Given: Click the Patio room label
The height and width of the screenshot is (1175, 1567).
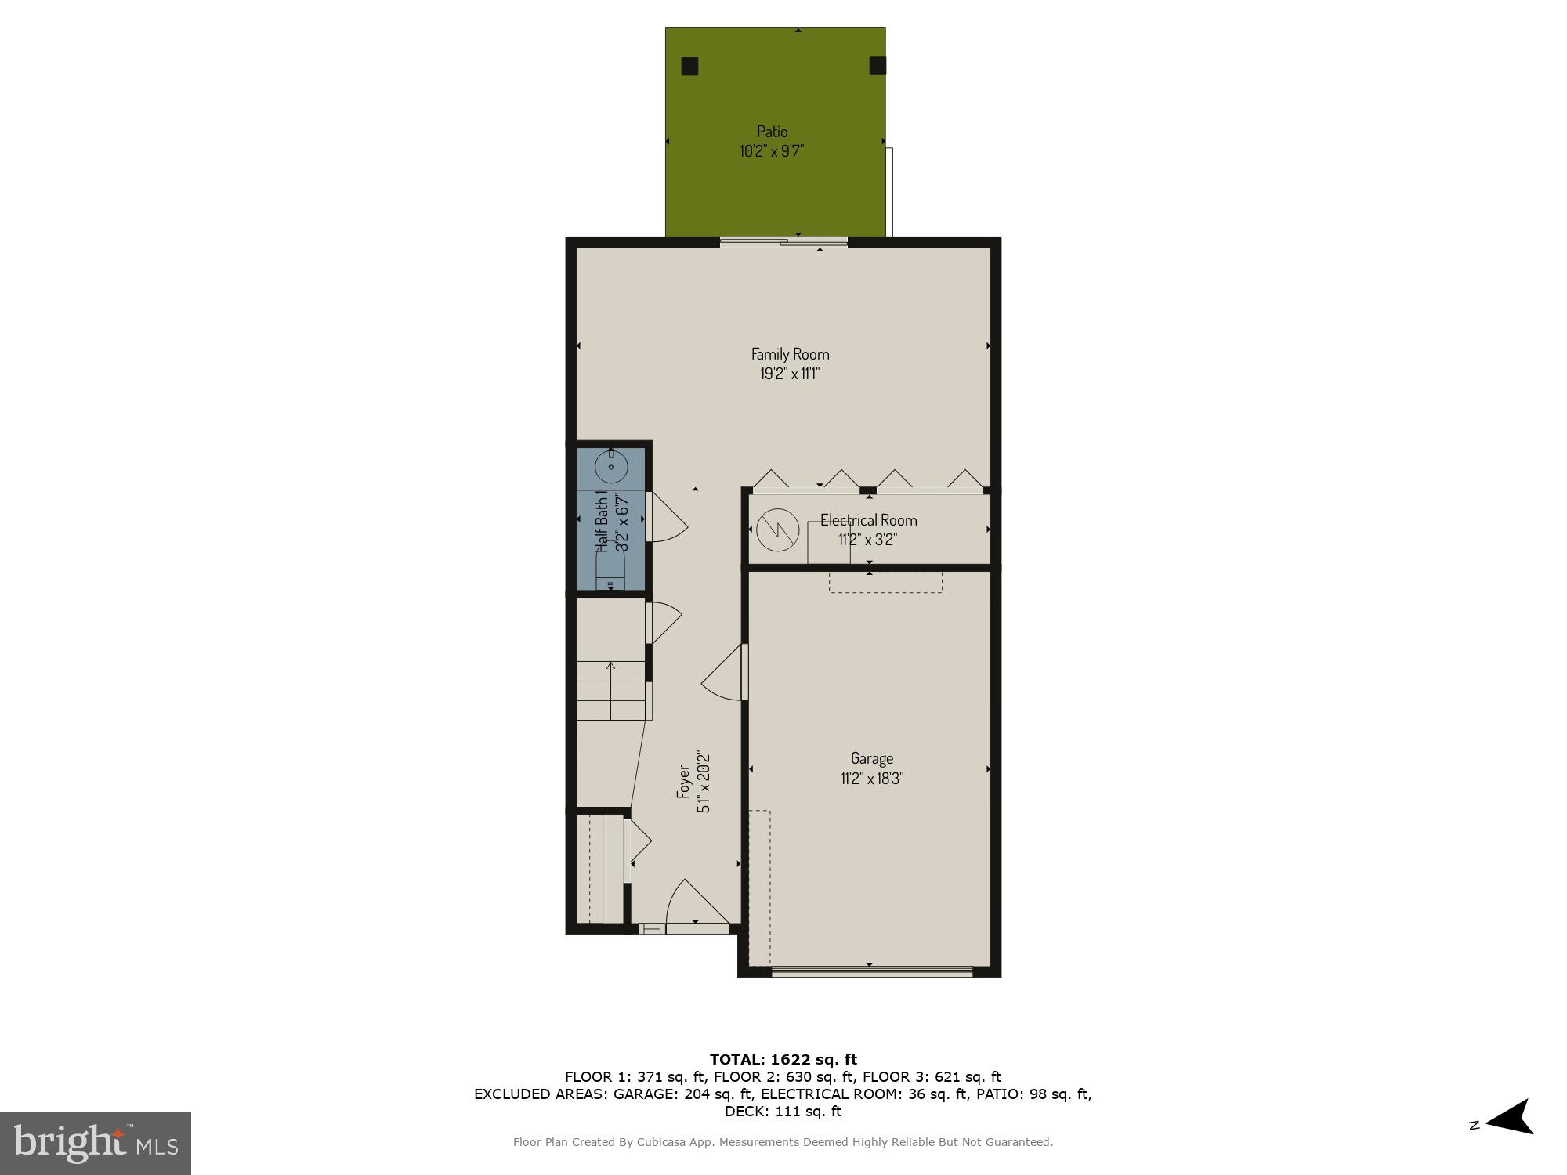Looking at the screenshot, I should [x=772, y=132].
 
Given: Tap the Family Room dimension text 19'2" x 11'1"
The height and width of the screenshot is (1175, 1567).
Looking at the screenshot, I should [x=790, y=374].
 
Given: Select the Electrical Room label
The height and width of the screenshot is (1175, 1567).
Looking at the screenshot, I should [x=868, y=520].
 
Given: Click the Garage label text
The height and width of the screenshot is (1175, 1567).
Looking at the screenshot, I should [x=872, y=758].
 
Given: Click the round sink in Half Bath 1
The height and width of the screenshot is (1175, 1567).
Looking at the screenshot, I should [x=611, y=468].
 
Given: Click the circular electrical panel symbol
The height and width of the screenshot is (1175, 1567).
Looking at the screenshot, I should [x=777, y=530].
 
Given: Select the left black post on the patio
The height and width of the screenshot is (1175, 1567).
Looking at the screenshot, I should [x=689, y=67].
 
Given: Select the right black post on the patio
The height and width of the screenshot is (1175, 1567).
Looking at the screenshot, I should [x=878, y=66].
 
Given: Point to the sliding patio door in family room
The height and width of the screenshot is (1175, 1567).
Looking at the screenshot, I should [x=783, y=242].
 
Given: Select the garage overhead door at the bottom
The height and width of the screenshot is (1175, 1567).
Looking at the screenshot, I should [x=871, y=972].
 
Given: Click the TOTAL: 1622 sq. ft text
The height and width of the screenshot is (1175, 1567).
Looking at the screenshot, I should [x=783, y=1060].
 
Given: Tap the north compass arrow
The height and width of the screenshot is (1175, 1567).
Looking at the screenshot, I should [x=1508, y=1126].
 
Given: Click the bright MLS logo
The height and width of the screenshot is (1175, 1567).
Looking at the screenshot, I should [x=95, y=1143].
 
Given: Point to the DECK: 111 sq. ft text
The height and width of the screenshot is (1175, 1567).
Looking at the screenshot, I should [x=783, y=1111].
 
